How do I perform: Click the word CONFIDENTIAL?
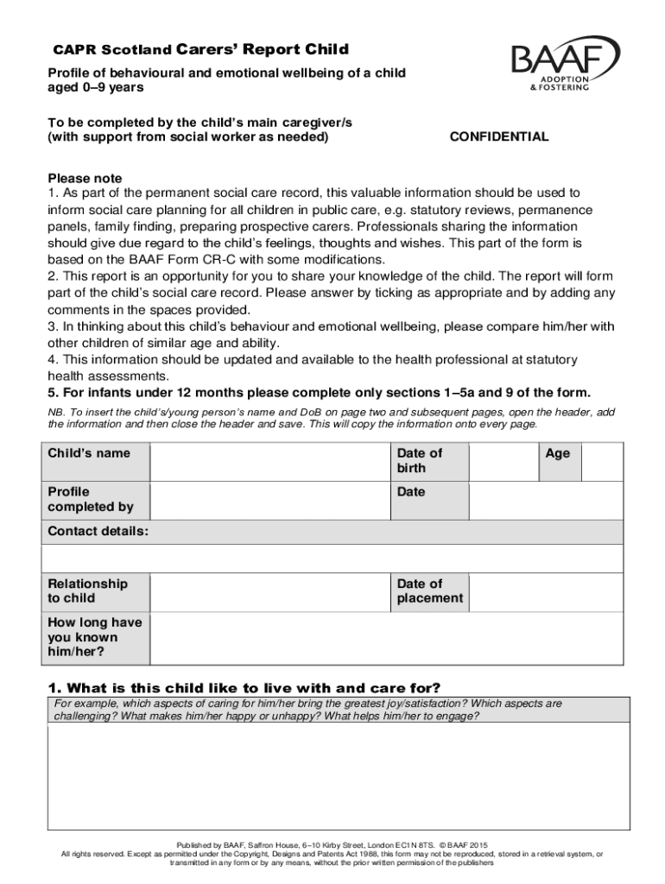tap(499, 137)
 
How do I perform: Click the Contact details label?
tap(98, 532)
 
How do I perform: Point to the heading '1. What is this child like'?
tap(244, 688)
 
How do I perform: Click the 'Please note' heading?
tap(85, 179)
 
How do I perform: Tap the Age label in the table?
tap(558, 453)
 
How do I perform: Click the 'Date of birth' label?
tap(420, 461)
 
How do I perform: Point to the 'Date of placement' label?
tap(430, 591)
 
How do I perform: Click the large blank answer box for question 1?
tap(332, 777)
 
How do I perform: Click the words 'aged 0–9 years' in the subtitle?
tap(96, 88)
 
